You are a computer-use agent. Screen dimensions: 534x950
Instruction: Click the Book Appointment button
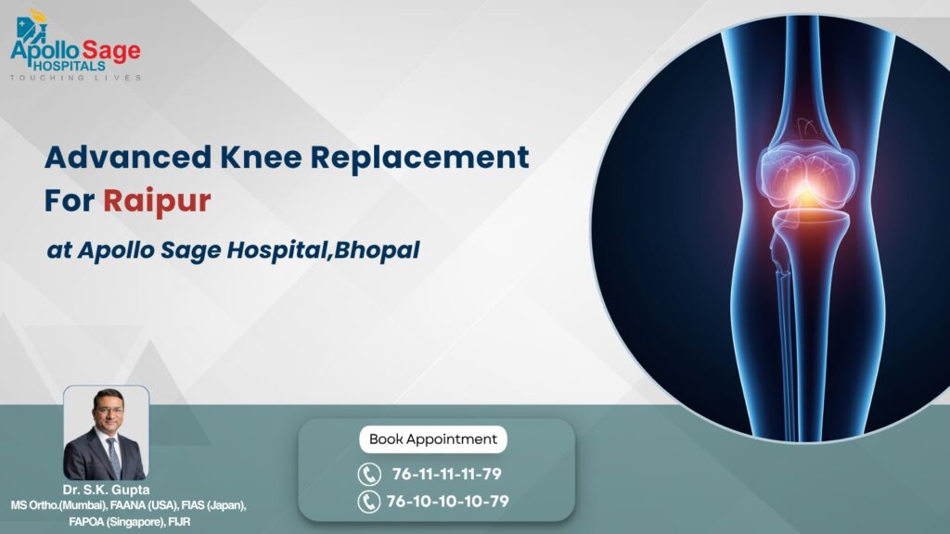433,439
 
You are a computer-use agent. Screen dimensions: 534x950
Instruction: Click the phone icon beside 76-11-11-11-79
368,475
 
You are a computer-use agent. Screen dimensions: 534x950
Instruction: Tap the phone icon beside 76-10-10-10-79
368,502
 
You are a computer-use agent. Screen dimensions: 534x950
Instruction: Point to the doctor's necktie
112,455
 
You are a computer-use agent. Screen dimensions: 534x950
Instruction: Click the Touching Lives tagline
76,78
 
